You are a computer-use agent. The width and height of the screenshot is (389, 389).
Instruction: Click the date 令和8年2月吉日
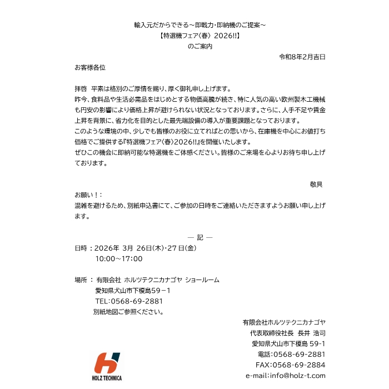click(302, 57)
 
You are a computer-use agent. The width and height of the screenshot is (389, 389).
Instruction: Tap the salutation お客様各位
click(90, 67)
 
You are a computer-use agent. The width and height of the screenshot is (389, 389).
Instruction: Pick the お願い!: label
click(88, 195)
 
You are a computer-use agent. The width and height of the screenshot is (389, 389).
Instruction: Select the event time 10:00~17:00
click(119, 258)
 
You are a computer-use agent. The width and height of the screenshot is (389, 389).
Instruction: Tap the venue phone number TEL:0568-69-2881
click(129, 301)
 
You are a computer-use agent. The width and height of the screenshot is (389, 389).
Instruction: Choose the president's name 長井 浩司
click(311, 333)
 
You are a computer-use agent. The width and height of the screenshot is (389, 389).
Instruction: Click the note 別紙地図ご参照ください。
click(128, 312)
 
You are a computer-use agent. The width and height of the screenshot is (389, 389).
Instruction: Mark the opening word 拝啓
click(81, 89)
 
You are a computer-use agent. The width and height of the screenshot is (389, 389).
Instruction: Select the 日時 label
click(81, 248)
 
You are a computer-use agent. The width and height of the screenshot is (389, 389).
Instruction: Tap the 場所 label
click(81, 280)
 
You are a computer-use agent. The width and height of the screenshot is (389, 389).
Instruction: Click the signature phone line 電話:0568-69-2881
click(292, 355)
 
